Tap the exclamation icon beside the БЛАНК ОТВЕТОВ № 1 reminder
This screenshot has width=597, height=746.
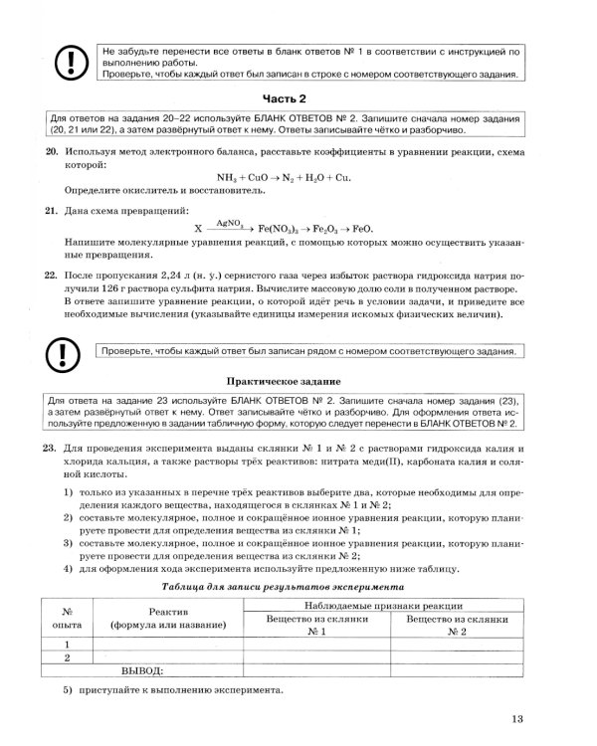[x=65, y=62]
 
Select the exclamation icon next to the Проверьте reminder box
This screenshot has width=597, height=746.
[x=65, y=351]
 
